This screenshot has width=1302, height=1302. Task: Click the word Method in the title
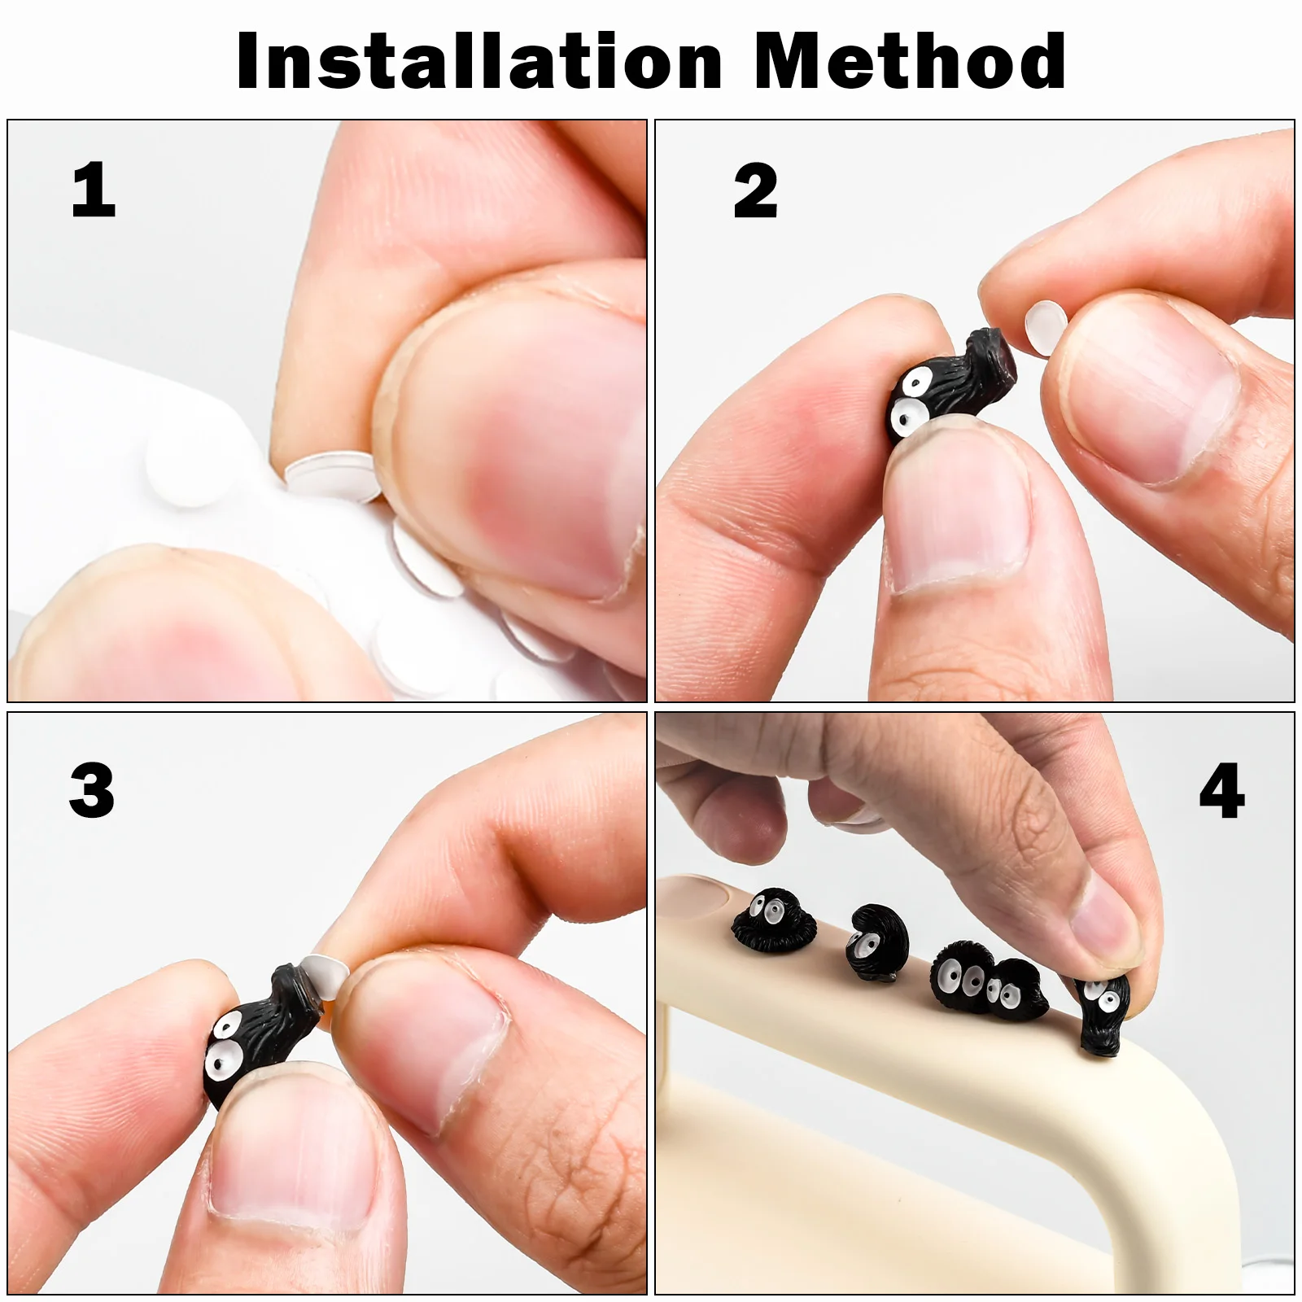[910, 61]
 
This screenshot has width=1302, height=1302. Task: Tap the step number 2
[755, 191]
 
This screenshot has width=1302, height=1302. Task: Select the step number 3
[92, 790]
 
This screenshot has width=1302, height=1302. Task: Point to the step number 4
[1221, 791]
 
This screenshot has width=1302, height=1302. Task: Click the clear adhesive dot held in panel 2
[1046, 327]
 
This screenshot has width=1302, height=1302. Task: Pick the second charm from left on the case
[877, 942]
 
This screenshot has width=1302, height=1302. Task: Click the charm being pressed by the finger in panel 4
[1103, 1013]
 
